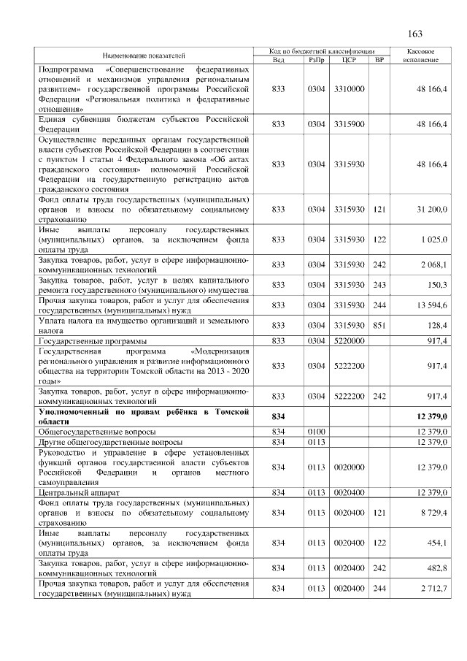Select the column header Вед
[x=278, y=59]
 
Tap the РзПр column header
[x=316, y=59]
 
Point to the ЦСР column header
[x=348, y=59]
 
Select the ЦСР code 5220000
[x=348, y=341]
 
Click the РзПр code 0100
[x=316, y=432]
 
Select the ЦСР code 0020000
[x=348, y=467]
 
